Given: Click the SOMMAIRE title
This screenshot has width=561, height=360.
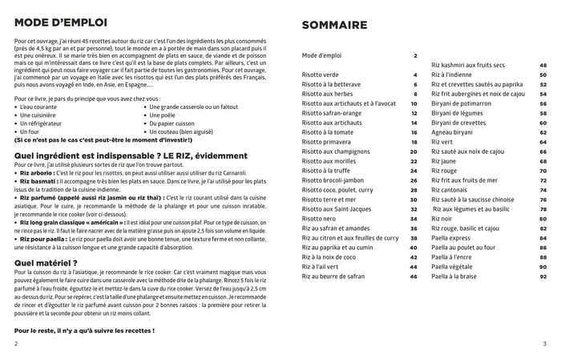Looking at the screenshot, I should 335,26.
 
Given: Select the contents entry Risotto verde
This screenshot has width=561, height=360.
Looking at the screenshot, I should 320,75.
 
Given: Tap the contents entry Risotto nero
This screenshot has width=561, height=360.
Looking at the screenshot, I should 320,218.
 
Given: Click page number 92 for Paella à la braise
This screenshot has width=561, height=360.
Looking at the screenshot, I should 543,276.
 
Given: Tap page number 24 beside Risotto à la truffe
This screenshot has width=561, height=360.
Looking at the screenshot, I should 413,171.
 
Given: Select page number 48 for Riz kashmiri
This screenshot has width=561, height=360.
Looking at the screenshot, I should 543,65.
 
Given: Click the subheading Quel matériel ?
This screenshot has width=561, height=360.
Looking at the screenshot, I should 46,262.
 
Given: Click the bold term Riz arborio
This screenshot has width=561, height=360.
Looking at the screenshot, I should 38,172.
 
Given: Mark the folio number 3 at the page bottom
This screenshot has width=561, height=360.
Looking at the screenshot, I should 544,343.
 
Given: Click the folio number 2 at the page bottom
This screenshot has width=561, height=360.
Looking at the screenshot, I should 16,343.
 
